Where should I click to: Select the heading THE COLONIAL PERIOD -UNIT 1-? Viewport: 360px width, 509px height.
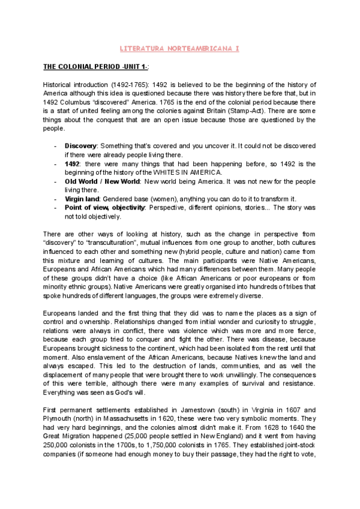point(95,65)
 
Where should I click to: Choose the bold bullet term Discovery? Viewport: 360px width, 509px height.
point(81,146)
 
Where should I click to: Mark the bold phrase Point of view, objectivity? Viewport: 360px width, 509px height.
point(105,208)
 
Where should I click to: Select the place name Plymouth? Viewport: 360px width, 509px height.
point(61,419)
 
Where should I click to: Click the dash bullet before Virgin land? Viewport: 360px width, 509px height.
point(56,199)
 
